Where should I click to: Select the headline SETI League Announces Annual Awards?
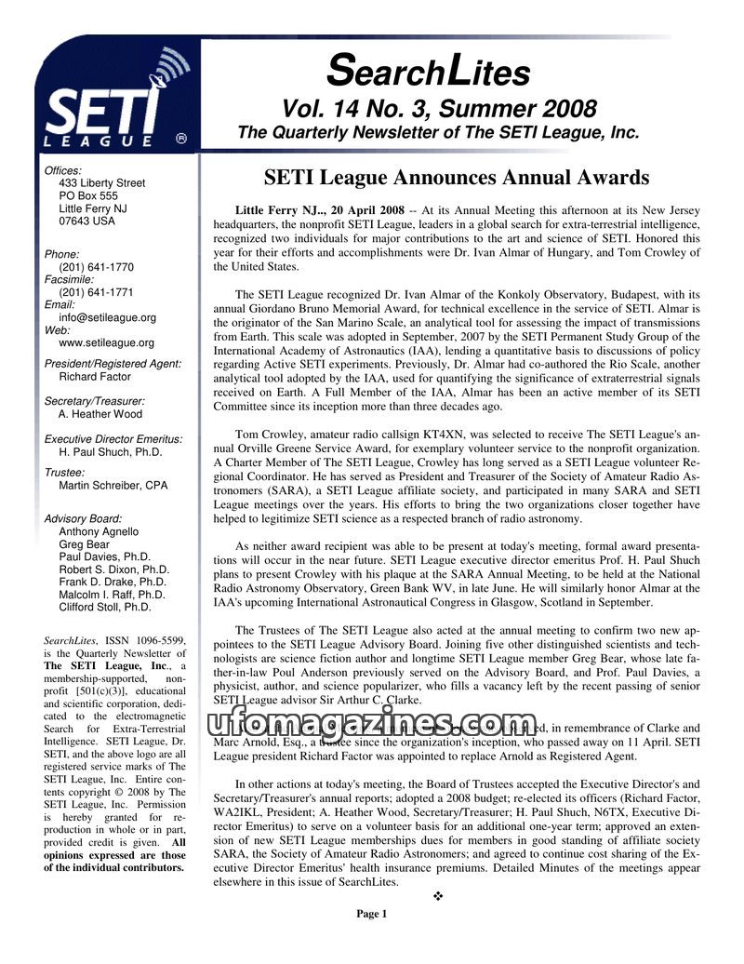pos(456,177)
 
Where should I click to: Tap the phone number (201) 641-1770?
pos(96,266)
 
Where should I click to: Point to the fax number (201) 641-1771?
pos(96,292)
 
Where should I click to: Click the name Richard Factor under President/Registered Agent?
pos(96,377)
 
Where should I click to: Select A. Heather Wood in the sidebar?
pos(100,414)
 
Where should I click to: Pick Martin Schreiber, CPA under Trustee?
pos(113,485)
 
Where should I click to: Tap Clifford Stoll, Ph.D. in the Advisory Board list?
pos(104,607)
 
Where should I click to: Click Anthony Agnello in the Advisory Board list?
pos(99,531)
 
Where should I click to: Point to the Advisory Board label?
pos(83,518)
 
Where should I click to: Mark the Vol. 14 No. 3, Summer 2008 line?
pos(440,109)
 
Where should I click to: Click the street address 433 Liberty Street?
pos(101,183)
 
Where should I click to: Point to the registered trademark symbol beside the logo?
pos(182,138)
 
